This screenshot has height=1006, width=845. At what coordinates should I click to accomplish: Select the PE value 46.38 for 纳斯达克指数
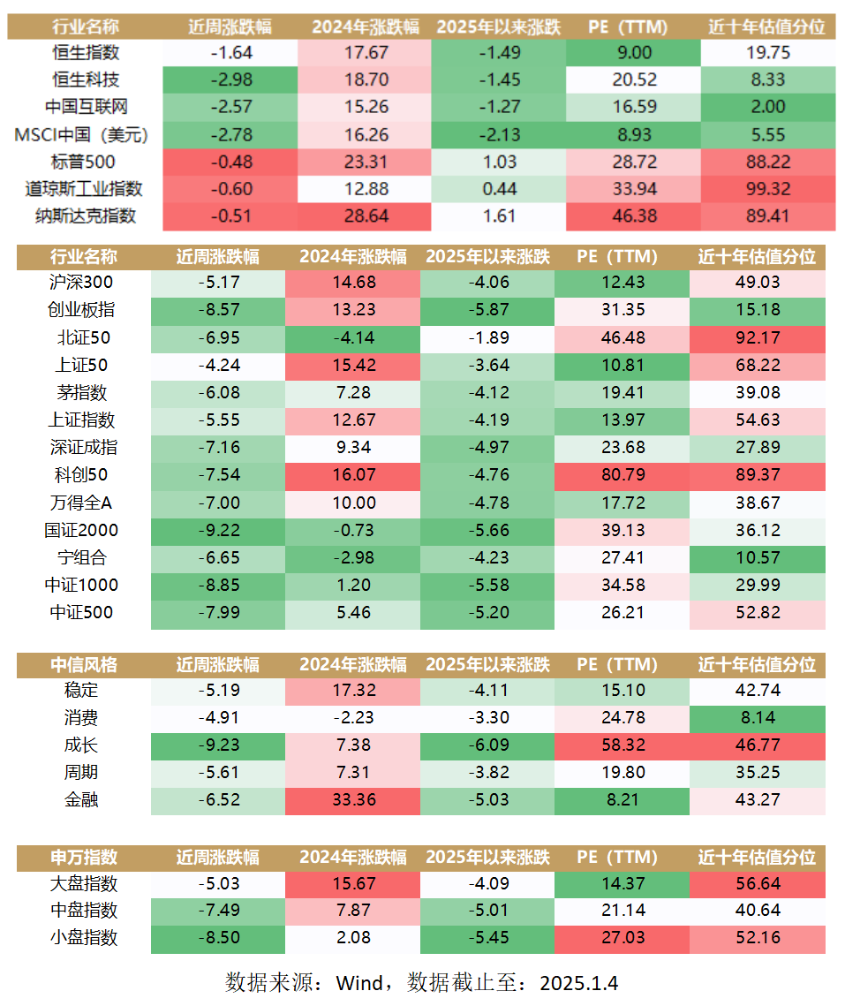tap(633, 216)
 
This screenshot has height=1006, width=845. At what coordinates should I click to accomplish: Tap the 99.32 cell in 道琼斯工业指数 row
tap(767, 189)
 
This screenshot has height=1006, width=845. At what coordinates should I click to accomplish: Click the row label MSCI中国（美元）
tap(81, 134)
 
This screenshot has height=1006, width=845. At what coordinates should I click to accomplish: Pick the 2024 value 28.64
tap(363, 216)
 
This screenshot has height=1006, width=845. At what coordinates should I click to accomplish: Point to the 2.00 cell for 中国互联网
tap(767, 107)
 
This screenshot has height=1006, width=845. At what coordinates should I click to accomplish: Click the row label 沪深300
tap(81, 283)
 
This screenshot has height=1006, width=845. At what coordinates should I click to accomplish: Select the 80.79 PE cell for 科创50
tap(621, 475)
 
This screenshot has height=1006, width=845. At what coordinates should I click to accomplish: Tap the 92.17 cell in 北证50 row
tap(757, 337)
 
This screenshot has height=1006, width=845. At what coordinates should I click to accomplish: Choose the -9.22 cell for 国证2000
tap(218, 530)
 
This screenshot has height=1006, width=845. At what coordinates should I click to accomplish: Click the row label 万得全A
tap(81, 503)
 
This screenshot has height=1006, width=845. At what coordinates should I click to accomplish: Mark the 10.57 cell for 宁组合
tap(757, 557)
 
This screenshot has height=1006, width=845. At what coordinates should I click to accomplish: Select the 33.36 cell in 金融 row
tap(352, 800)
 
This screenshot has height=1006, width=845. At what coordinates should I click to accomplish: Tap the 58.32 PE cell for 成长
tap(621, 745)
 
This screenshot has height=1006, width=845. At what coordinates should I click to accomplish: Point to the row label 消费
tap(81, 718)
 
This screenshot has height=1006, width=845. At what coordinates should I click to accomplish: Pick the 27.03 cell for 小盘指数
tap(621, 938)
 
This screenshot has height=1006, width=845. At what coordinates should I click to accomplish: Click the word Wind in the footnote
tap(359, 983)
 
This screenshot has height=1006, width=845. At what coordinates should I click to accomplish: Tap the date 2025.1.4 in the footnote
tap(578, 983)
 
